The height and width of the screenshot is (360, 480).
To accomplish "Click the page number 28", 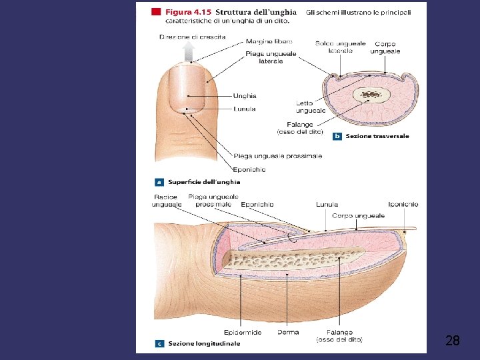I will [452, 341].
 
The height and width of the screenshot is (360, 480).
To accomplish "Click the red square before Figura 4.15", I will [156, 11].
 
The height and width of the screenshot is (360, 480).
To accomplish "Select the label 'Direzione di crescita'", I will [192, 37].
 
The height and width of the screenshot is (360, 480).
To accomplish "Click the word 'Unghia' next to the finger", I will [245, 96].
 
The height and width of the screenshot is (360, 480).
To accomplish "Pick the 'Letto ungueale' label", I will [311, 107].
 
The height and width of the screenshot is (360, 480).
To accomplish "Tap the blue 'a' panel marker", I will [159, 181].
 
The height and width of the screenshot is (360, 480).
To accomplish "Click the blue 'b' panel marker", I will [337, 136].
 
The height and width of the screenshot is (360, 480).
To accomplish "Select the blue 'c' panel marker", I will [159, 343].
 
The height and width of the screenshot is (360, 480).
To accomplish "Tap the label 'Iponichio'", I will [403, 204].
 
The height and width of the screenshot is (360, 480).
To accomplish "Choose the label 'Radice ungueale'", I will [165, 201].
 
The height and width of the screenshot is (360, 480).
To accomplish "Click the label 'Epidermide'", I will [243, 332].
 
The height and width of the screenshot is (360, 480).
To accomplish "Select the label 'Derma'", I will [288, 332].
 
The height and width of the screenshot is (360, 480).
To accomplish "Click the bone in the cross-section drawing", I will [367, 95].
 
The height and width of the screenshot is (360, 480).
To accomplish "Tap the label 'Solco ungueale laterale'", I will [340, 47].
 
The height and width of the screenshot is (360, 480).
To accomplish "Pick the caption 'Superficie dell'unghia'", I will [204, 181].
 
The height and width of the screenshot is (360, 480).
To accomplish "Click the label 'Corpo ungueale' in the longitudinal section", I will [358, 215].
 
